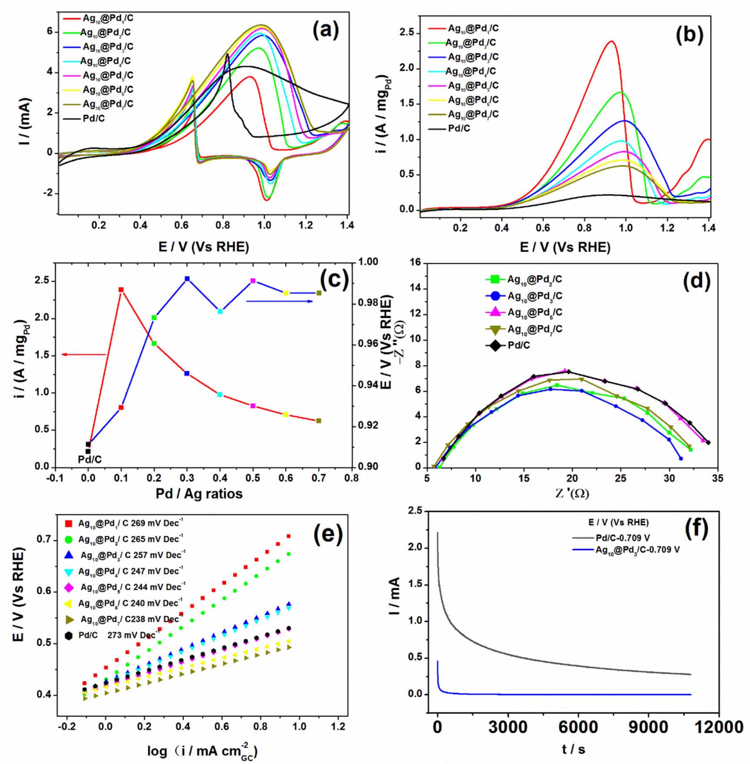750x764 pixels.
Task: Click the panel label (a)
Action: tap(326, 31)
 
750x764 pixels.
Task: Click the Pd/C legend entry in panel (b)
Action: tap(459, 128)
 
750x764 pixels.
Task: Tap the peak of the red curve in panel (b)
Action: tap(612, 42)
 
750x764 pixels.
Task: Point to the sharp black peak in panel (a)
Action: tap(227, 55)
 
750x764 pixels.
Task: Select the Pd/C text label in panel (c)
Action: tap(90, 459)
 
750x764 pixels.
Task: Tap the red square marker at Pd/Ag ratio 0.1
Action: tap(121, 290)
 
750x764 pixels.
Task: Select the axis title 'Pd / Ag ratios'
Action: tap(199, 494)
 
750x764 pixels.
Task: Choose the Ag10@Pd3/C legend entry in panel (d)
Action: tap(534, 296)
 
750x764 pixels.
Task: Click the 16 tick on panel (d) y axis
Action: tap(415, 262)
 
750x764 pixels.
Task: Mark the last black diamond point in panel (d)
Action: tap(708, 442)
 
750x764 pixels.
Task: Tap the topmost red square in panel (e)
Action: tap(289, 536)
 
